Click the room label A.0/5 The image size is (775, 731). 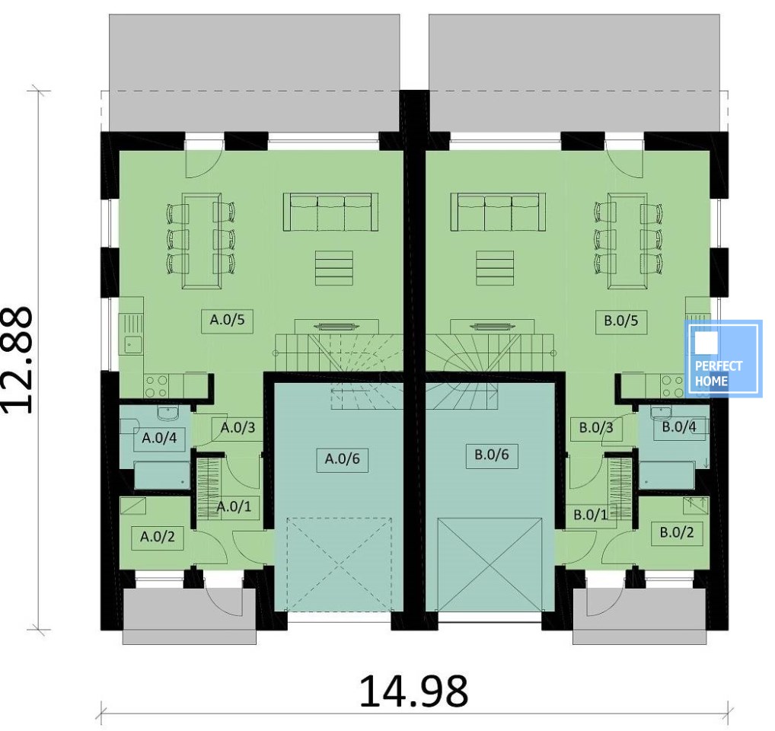[x=228, y=320]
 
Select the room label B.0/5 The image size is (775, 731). [x=621, y=321]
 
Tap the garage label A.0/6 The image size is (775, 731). [x=343, y=459]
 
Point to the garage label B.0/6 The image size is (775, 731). [x=492, y=455]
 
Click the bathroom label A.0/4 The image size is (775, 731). [x=159, y=438]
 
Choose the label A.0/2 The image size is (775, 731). [x=157, y=537]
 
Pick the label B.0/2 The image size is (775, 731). [x=677, y=533]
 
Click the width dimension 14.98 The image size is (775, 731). [x=413, y=691]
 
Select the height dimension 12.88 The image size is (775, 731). [x=18, y=360]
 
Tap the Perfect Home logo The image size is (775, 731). [x=722, y=359]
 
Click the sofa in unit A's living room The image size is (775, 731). [x=330, y=212]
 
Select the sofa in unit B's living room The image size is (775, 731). [x=498, y=212]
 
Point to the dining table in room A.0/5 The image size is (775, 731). [x=202, y=241]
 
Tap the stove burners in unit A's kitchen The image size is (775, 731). [x=157, y=386]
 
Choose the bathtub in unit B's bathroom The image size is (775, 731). [x=667, y=475]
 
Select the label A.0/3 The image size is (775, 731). [x=238, y=427]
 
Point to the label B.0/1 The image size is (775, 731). [x=591, y=515]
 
